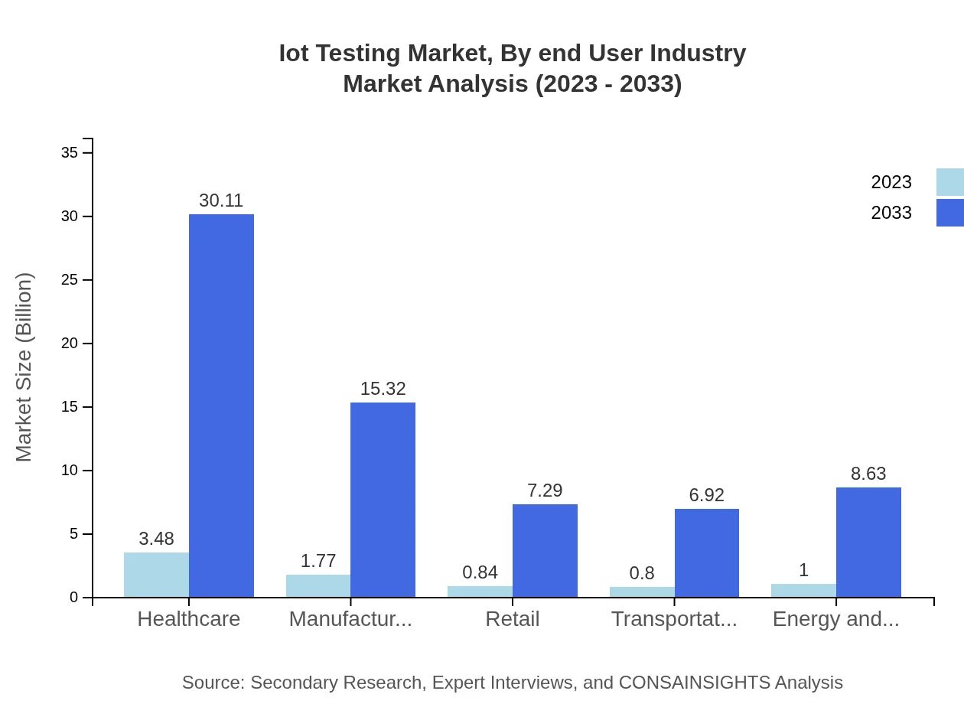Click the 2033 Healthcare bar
tap(221, 406)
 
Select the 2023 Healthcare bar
tap(156, 575)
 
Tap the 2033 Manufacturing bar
tap(383, 500)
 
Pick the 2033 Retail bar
tap(545, 550)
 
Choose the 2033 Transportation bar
tap(706, 552)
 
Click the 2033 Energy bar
tap(868, 542)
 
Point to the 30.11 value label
tap(221, 200)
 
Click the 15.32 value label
tap(383, 389)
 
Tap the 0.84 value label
tap(480, 572)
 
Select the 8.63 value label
tap(868, 474)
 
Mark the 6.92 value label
tap(706, 495)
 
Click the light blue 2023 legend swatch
tap(949, 182)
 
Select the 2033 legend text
tap(891, 213)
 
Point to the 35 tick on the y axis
tap(70, 153)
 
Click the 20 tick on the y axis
tap(70, 344)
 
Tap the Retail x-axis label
tap(512, 619)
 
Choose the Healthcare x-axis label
tap(188, 619)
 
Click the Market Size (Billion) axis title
tap(24, 367)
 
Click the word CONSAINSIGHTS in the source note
tap(693, 683)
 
